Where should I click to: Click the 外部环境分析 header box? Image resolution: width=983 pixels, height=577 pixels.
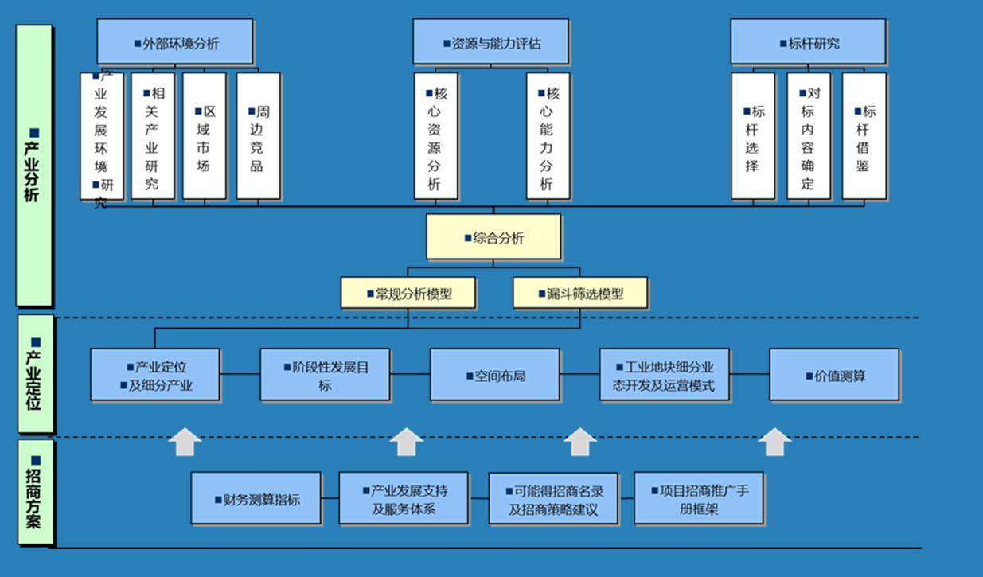(175, 42)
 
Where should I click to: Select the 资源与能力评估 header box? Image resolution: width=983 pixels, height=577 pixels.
(490, 42)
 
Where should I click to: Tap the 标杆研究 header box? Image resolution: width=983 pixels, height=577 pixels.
(808, 42)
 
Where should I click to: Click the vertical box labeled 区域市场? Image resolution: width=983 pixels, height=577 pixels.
(205, 136)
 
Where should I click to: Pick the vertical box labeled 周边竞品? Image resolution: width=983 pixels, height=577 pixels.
(258, 136)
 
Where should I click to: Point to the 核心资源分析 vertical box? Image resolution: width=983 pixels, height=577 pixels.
(435, 136)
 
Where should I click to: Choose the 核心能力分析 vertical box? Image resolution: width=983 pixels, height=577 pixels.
(548, 136)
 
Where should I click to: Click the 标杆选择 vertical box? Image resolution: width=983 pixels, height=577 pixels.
(752, 136)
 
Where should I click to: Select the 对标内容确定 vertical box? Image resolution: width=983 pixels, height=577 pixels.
(809, 136)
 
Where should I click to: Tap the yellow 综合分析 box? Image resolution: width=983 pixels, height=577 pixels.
(493, 236)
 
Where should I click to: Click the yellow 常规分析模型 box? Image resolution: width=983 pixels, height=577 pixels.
(408, 293)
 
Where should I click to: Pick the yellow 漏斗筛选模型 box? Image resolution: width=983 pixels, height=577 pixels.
(580, 293)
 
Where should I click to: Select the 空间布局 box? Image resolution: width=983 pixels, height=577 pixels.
(494, 374)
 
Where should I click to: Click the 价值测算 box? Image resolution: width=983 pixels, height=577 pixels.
(834, 374)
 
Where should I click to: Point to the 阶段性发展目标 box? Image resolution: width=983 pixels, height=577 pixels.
(325, 374)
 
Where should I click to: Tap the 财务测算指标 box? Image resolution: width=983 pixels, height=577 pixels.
(256, 498)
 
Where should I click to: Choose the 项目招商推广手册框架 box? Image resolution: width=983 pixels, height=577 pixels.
(699, 498)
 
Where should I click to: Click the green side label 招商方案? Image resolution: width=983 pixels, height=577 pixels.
(34, 493)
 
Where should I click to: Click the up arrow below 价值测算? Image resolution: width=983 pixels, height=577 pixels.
(774, 442)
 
